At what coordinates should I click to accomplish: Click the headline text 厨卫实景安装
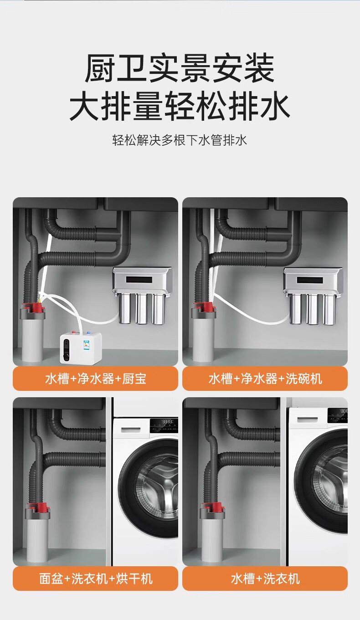pyautogui.click(x=180, y=68)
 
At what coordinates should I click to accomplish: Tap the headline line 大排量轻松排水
pyautogui.click(x=180, y=107)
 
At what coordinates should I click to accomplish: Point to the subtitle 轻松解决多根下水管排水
pyautogui.click(x=180, y=140)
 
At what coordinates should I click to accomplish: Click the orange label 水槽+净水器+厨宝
pyautogui.click(x=96, y=379)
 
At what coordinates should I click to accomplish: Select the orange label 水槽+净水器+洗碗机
pyautogui.click(x=265, y=379)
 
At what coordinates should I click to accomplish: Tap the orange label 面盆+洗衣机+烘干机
pyautogui.click(x=96, y=579)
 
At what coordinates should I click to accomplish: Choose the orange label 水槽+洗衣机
pyautogui.click(x=265, y=579)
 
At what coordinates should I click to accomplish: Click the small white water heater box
pyautogui.click(x=81, y=348)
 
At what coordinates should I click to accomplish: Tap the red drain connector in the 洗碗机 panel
pyautogui.click(x=204, y=307)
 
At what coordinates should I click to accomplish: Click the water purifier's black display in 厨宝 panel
pyautogui.click(x=139, y=280)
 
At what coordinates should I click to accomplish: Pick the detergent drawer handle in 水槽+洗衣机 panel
pyautogui.click(x=307, y=420)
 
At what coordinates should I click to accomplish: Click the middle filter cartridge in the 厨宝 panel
pyautogui.click(x=142, y=309)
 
